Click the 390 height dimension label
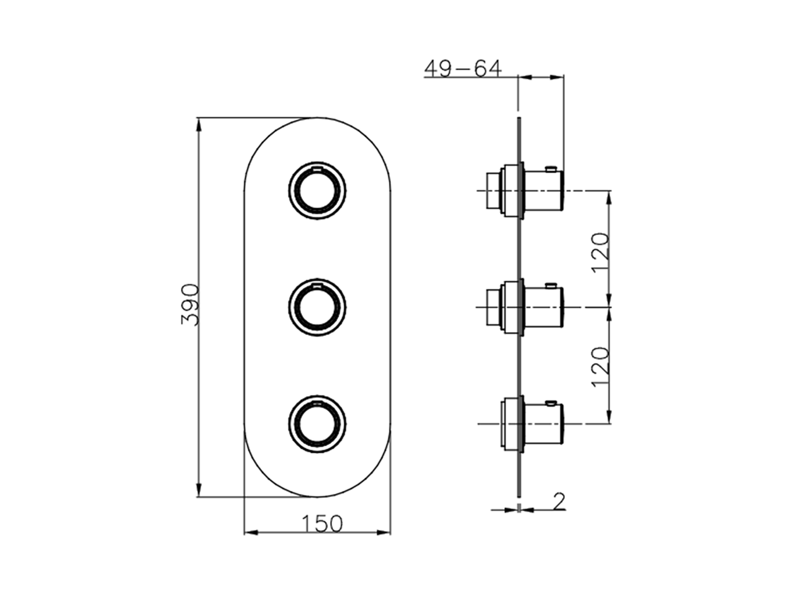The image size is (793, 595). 188,305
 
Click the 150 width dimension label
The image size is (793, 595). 322,524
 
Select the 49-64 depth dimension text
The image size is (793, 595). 462,69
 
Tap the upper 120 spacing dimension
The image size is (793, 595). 600,252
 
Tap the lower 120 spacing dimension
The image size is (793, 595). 600,367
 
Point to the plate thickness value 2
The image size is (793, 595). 559,500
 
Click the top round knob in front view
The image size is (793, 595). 317,192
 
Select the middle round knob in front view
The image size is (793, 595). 317,307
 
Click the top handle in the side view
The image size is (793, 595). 543,192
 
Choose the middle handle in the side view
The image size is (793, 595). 543,307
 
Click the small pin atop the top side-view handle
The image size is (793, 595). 550,167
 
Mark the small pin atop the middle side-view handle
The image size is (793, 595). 550,285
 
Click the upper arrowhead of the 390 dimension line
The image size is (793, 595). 198,124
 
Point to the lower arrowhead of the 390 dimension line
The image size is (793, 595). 198,490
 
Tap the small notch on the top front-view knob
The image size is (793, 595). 317,168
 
